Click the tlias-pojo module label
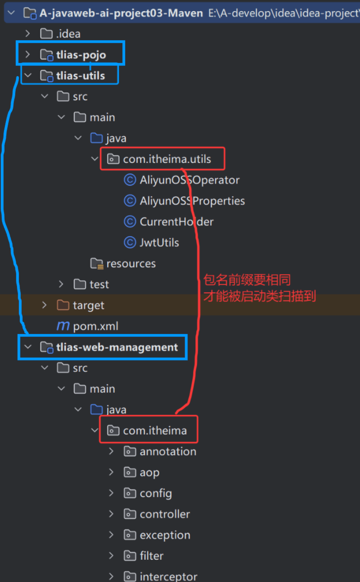[81, 55]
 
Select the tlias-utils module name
[80, 76]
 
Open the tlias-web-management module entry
[117, 347]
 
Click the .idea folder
[68, 34]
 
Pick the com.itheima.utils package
[167, 159]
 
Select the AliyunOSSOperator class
[189, 180]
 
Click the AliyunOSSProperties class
[192, 201]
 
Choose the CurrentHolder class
[176, 222]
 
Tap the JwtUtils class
[159, 243]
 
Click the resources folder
[131, 263]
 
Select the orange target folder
[88, 305]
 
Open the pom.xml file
[95, 326]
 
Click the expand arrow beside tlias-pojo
[28, 55]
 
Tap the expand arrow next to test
[61, 284]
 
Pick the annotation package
[167, 451]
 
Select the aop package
[149, 472]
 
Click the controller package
[165, 514]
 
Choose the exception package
[165, 535]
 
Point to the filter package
[151, 556]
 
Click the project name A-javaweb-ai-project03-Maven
[121, 13]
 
